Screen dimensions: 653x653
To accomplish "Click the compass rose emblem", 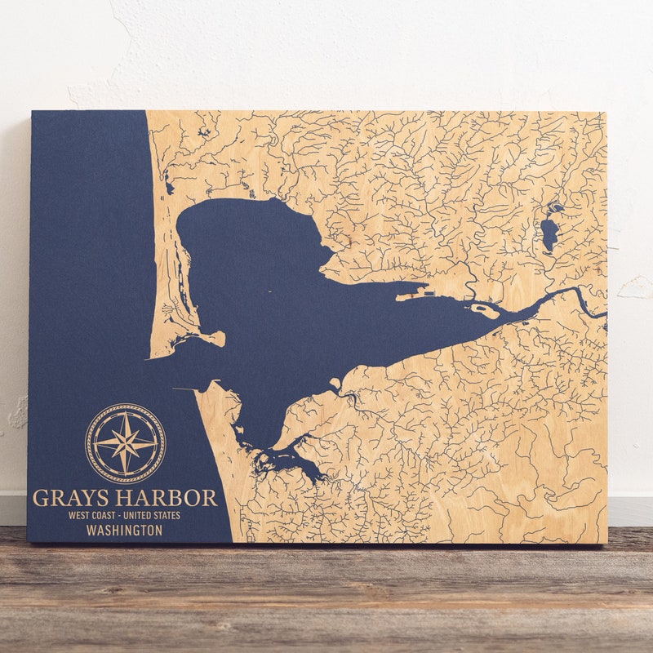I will pos(125,443).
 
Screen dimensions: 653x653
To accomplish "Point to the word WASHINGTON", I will pos(124,531).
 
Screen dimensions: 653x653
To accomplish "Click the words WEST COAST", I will pos(91,515).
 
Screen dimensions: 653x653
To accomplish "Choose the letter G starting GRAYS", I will pos(40,498).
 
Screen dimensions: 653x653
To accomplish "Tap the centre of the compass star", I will pos(125,443).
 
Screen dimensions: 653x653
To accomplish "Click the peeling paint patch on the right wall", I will pos(635,287).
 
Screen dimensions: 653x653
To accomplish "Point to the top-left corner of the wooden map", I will pos(32,112).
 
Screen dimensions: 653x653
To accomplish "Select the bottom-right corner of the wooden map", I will pos(606,543).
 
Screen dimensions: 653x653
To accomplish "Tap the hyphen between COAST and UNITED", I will pos(122,515).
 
